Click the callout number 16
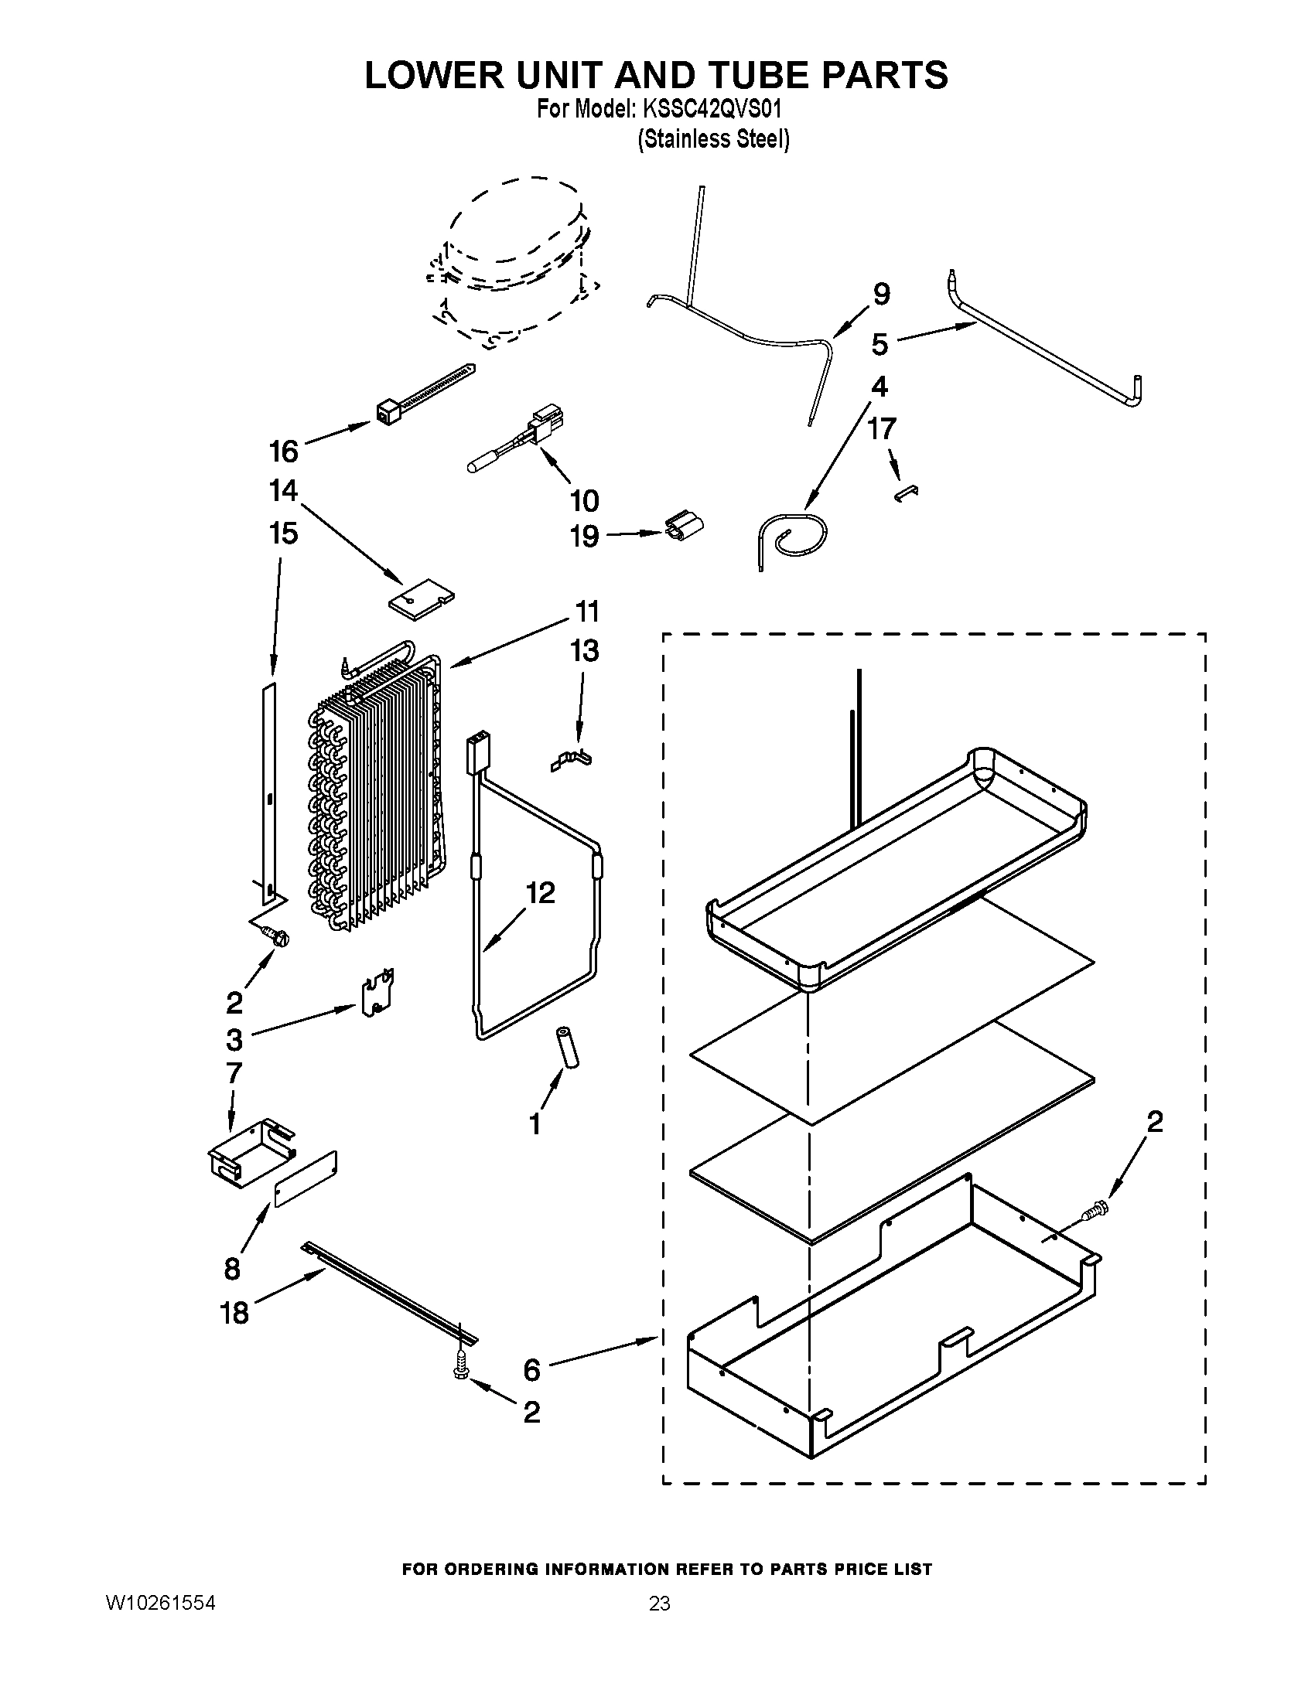(284, 451)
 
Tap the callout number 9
(880, 294)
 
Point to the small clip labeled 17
(907, 494)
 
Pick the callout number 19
(584, 537)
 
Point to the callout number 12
(540, 892)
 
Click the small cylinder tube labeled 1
(568, 1049)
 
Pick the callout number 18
(234, 1313)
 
